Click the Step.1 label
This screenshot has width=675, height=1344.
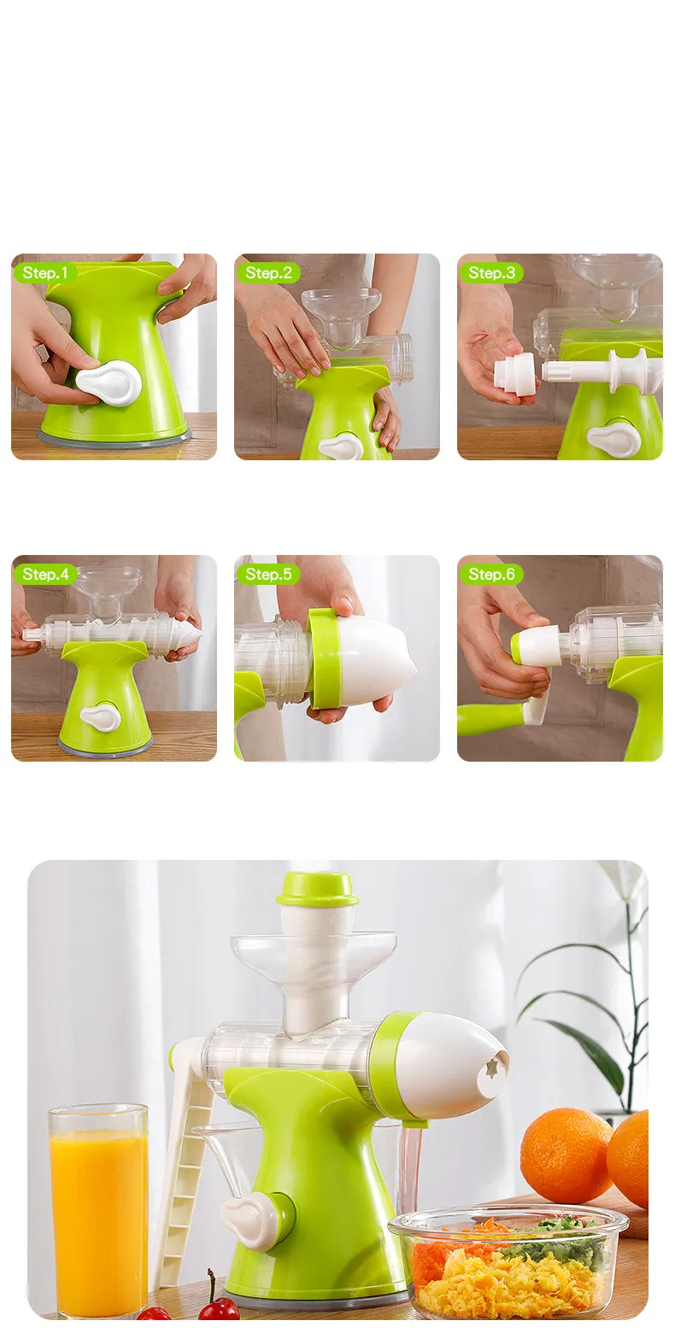pos(45,273)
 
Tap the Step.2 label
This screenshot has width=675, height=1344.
pos(268,273)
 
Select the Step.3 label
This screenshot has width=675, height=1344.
pos(491,273)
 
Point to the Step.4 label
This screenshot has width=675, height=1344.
pos(45,574)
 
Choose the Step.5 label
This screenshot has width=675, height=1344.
pos(268,574)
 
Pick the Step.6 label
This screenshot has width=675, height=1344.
pos(491,574)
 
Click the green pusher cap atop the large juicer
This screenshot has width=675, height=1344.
pos(317,889)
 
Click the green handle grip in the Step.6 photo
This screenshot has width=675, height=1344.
pos(491,719)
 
